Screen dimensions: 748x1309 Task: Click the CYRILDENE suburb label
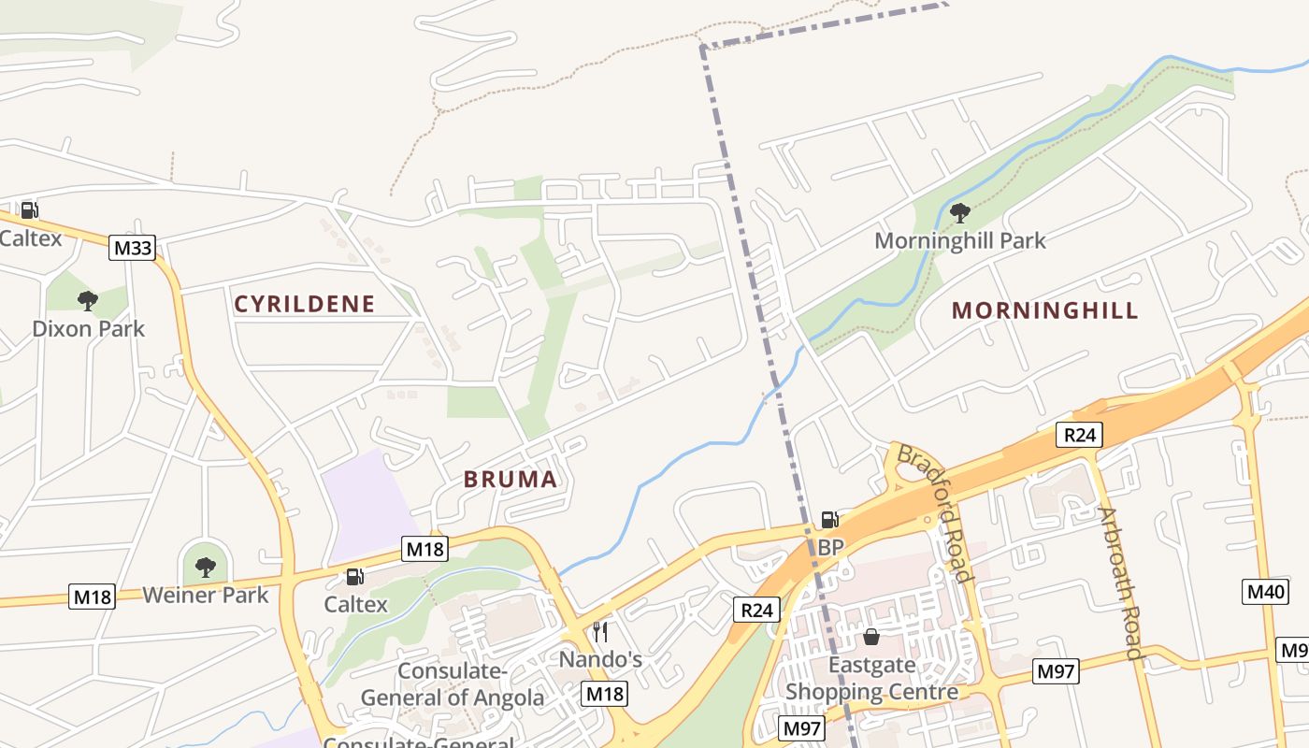click(305, 304)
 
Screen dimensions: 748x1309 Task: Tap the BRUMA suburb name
click(511, 480)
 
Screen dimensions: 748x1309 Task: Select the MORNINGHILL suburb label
click(1044, 310)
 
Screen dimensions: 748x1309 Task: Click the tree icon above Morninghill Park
click(959, 213)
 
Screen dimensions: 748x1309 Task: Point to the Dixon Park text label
click(89, 329)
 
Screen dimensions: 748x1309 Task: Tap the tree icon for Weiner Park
click(206, 567)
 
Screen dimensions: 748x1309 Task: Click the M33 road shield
click(132, 248)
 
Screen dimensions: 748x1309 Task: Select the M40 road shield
click(1266, 591)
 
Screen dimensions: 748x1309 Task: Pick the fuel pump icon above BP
click(829, 520)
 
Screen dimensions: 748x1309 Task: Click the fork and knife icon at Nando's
click(600, 632)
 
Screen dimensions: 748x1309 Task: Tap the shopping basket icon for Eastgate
click(871, 637)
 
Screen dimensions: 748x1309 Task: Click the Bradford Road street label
click(933, 512)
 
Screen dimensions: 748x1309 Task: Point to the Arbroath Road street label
click(1120, 583)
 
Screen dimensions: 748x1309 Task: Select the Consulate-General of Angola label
click(453, 684)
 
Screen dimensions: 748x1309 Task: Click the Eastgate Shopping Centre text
click(871, 680)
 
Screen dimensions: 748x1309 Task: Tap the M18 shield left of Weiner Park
click(92, 597)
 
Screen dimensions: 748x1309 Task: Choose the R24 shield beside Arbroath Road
click(1079, 434)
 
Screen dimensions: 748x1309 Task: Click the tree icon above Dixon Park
click(88, 300)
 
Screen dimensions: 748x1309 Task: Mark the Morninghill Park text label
click(960, 240)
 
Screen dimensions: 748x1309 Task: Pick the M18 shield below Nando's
click(604, 694)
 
